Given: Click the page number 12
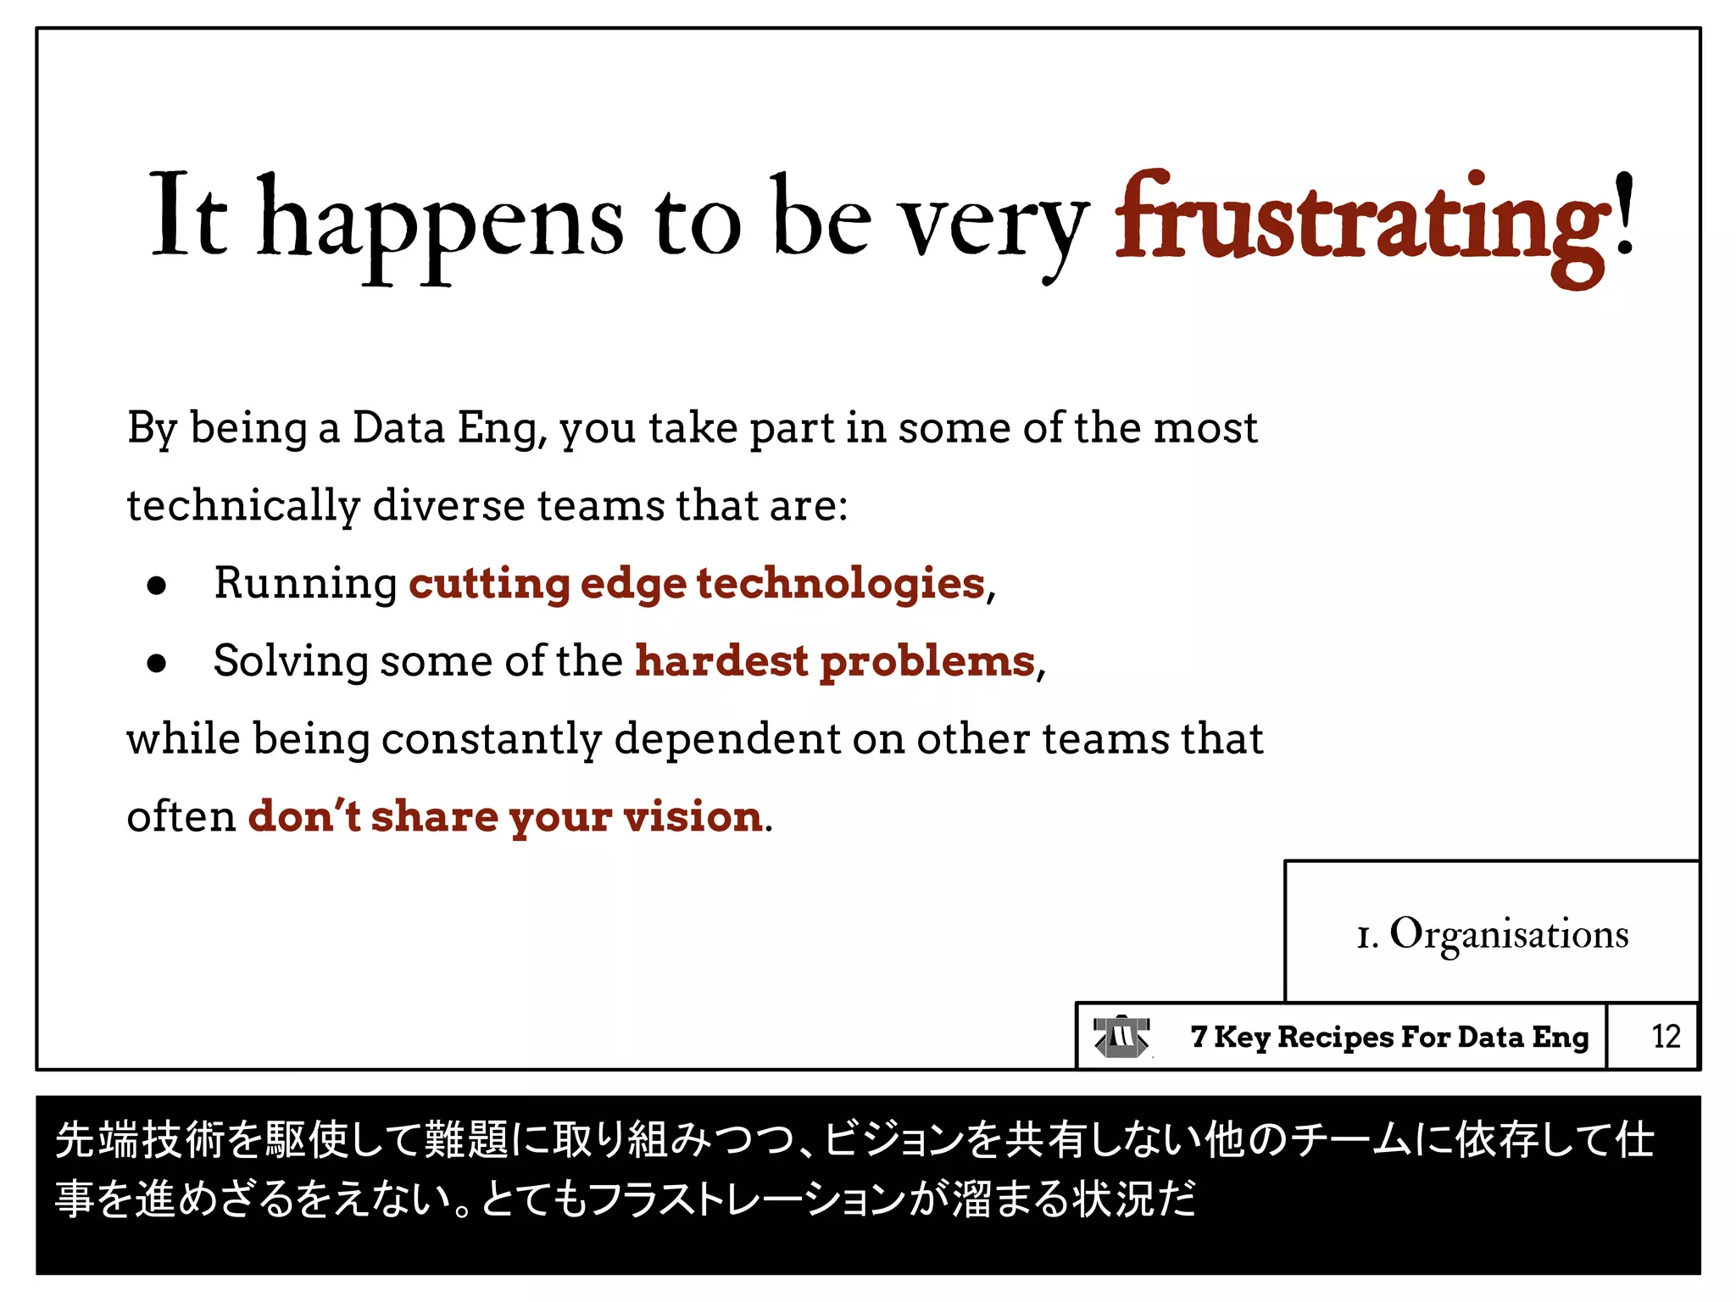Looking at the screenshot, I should coord(1666,1036).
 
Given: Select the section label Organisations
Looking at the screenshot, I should coord(1509,934).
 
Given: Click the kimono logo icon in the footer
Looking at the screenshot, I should coord(1121,1037).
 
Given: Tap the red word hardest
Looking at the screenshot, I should coord(721,661).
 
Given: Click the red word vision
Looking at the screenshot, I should coord(693,817).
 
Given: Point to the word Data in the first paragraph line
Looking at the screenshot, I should coord(398,428).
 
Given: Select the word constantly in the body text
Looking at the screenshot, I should coord(492,740).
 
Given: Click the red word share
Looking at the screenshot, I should coord(434,817).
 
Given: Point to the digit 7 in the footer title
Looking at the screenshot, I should coord(1198,1036).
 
